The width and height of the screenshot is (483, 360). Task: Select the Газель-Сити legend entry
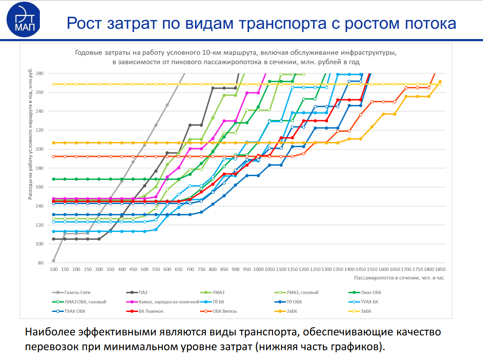77,292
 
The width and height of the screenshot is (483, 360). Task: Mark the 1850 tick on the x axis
440,269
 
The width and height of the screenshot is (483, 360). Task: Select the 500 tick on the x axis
145,269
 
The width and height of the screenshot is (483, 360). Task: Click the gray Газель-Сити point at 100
53,261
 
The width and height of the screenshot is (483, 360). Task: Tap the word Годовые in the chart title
87,53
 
